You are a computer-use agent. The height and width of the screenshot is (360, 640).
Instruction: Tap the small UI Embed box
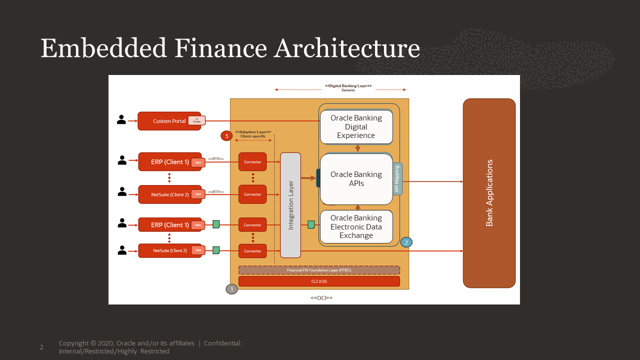click(x=196, y=121)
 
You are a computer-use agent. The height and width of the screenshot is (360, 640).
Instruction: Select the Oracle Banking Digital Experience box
click(x=356, y=127)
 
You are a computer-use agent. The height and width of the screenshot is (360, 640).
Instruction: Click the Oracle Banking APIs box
click(x=356, y=179)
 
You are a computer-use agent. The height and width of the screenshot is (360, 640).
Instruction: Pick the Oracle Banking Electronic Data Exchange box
click(x=356, y=226)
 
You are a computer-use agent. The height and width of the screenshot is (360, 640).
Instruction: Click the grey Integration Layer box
click(x=290, y=205)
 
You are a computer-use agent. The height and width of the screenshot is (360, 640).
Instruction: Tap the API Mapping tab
click(x=397, y=179)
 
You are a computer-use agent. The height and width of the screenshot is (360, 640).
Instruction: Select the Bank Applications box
click(x=489, y=193)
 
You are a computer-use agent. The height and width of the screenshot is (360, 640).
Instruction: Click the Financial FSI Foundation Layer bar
click(x=319, y=270)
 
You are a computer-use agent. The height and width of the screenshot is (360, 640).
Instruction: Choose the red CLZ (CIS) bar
click(x=319, y=281)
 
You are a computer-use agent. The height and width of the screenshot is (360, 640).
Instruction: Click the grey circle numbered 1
click(x=231, y=289)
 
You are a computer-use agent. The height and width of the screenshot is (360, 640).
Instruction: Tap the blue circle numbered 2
click(x=406, y=242)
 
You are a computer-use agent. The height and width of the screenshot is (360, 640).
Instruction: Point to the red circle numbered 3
click(x=226, y=135)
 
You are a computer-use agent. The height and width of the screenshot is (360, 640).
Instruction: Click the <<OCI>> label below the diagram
click(x=321, y=298)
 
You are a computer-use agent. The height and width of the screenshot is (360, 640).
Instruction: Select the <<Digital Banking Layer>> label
click(x=348, y=86)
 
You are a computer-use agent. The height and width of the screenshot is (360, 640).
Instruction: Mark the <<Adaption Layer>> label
click(x=252, y=132)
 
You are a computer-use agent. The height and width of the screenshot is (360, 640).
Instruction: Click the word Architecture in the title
click(x=347, y=49)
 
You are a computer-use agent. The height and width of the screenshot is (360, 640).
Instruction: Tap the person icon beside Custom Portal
click(x=121, y=120)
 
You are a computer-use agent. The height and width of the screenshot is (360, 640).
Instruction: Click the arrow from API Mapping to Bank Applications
click(x=433, y=181)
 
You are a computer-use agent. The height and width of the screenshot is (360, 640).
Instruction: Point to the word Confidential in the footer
click(x=222, y=343)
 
